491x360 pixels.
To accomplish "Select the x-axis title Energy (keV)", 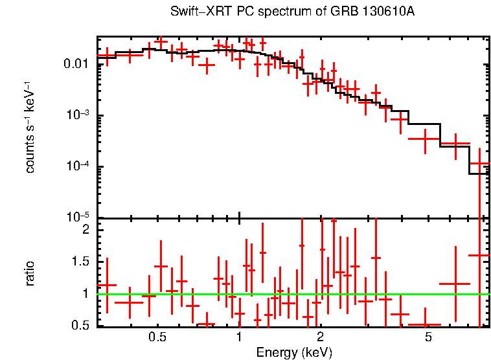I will [293, 352].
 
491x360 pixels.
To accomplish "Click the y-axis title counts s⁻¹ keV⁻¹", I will [30, 129].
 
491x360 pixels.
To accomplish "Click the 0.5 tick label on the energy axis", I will [157, 338].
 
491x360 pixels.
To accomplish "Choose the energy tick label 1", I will [240, 338].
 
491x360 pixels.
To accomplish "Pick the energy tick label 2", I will [321, 338].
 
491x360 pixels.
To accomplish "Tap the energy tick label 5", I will [428, 338].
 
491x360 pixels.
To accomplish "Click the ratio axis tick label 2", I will [84, 230].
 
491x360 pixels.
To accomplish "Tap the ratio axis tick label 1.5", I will [80, 262].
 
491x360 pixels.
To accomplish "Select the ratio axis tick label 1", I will [84, 293].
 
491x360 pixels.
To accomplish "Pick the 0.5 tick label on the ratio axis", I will [80, 325].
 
